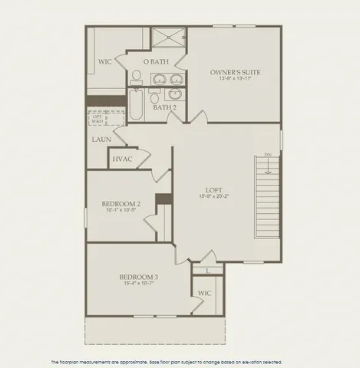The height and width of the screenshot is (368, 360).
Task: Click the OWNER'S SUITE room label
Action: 235,72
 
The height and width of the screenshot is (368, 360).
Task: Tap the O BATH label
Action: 156,61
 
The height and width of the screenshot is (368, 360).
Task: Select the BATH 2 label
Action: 164,107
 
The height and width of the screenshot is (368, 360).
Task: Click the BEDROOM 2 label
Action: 121,204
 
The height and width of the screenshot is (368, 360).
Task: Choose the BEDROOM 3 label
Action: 138,277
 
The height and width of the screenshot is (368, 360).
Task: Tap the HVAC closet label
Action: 122,159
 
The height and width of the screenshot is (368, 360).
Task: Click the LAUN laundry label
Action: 101,140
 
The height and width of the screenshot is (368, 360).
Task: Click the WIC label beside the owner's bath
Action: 106,61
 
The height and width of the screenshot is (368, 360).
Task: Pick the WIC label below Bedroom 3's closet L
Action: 204,293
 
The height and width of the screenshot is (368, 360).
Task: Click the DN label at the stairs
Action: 268,156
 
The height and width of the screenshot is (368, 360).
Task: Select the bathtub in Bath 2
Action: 137,106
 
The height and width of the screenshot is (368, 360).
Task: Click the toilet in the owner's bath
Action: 136,76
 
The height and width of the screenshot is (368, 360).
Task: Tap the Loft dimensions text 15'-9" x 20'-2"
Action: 213,197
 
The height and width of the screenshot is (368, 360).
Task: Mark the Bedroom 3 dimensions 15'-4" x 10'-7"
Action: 138,284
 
